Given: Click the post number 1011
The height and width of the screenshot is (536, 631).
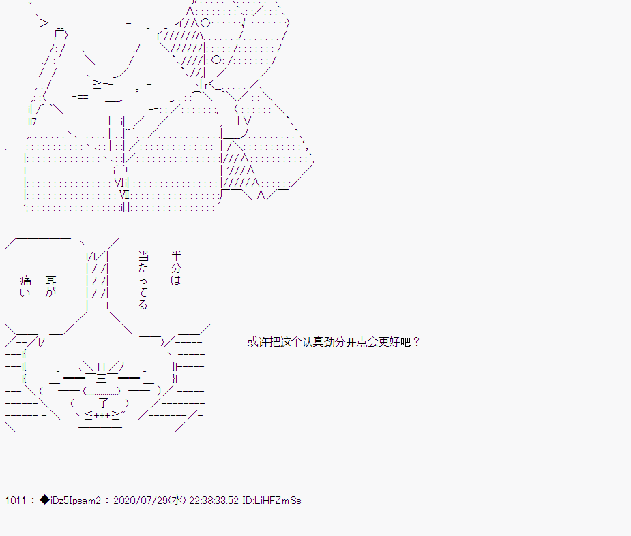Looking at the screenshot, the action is pyautogui.click(x=15, y=501).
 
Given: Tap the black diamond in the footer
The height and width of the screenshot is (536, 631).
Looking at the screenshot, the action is pyautogui.click(x=44, y=500).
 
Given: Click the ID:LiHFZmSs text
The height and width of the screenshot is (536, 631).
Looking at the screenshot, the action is pyautogui.click(x=272, y=501).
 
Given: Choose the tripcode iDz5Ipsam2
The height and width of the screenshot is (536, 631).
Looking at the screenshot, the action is pyautogui.click(x=75, y=501).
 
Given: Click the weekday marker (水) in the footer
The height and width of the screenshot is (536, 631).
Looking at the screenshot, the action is pyautogui.click(x=177, y=501).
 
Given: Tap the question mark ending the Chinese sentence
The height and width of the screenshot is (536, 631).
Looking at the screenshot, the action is pyautogui.click(x=417, y=342).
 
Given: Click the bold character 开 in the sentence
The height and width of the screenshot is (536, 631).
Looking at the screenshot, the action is pyautogui.click(x=351, y=342).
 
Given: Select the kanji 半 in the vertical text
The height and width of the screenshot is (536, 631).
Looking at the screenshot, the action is pyautogui.click(x=176, y=255).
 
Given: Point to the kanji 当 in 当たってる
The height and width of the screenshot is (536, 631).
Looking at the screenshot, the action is pyautogui.click(x=143, y=255).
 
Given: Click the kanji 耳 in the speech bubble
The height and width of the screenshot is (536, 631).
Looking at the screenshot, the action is pyautogui.click(x=50, y=280).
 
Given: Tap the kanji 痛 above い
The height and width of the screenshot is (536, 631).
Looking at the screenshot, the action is pyautogui.click(x=25, y=280).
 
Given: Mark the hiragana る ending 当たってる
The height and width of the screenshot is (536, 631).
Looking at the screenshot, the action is pyautogui.click(x=143, y=305).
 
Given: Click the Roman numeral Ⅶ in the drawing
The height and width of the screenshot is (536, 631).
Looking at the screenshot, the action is pyautogui.click(x=125, y=195).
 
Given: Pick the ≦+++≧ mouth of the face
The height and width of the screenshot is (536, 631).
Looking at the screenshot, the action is pyautogui.click(x=102, y=415).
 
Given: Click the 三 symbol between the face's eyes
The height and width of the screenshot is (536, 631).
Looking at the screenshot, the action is pyautogui.click(x=101, y=378).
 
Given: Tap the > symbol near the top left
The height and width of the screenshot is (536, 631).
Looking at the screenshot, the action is pyautogui.click(x=44, y=23).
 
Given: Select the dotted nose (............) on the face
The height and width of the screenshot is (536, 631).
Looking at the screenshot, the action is pyautogui.click(x=102, y=391).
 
